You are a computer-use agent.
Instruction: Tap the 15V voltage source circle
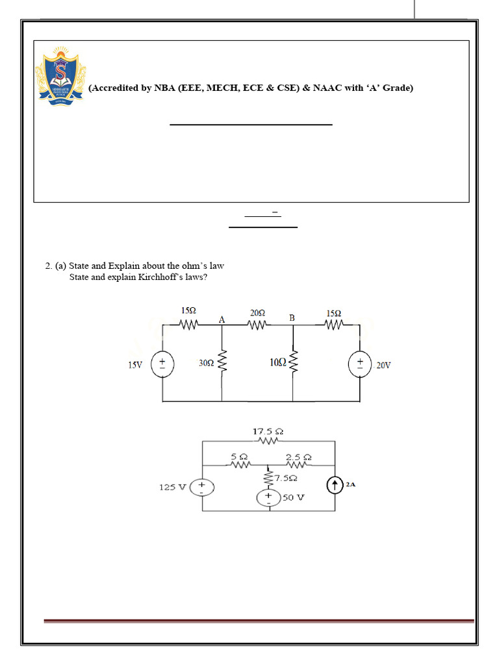tap(162, 364)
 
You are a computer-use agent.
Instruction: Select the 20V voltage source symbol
tap(359, 364)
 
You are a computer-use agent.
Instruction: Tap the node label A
tap(222, 319)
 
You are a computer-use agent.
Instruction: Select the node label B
tap(292, 318)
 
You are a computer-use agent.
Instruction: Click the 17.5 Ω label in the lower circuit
tap(268, 431)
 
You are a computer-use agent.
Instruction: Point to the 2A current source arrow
tap(335, 485)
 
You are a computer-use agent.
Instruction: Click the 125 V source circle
tap(202, 486)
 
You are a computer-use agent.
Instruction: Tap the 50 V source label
tap(293, 497)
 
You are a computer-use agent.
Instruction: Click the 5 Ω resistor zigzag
tap(240, 465)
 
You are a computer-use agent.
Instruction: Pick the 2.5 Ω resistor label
tap(298, 457)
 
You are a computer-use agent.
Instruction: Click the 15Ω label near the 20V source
tap(333, 313)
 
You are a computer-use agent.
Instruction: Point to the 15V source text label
tap(135, 365)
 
